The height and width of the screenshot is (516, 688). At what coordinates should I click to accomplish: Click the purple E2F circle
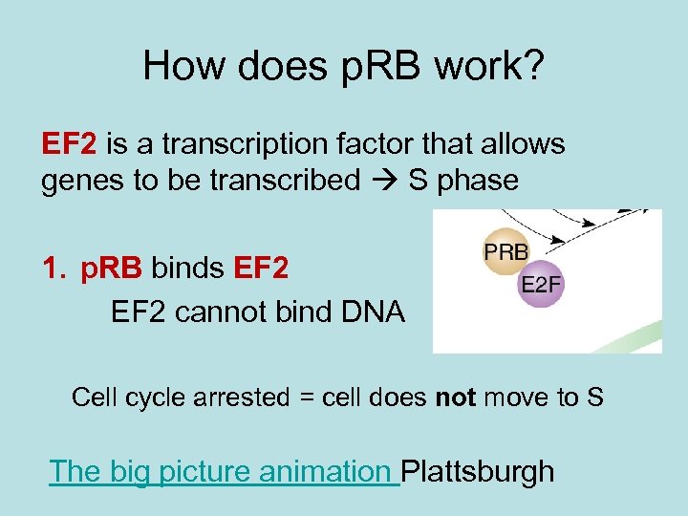[541, 284]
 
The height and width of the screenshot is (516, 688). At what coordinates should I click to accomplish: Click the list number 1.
[54, 270]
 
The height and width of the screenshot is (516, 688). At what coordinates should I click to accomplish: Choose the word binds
[187, 270]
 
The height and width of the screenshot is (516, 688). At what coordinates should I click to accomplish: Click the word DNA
[372, 311]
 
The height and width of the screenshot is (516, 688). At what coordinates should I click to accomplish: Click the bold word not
[455, 397]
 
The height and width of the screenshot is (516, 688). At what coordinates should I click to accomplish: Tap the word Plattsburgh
[477, 471]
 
